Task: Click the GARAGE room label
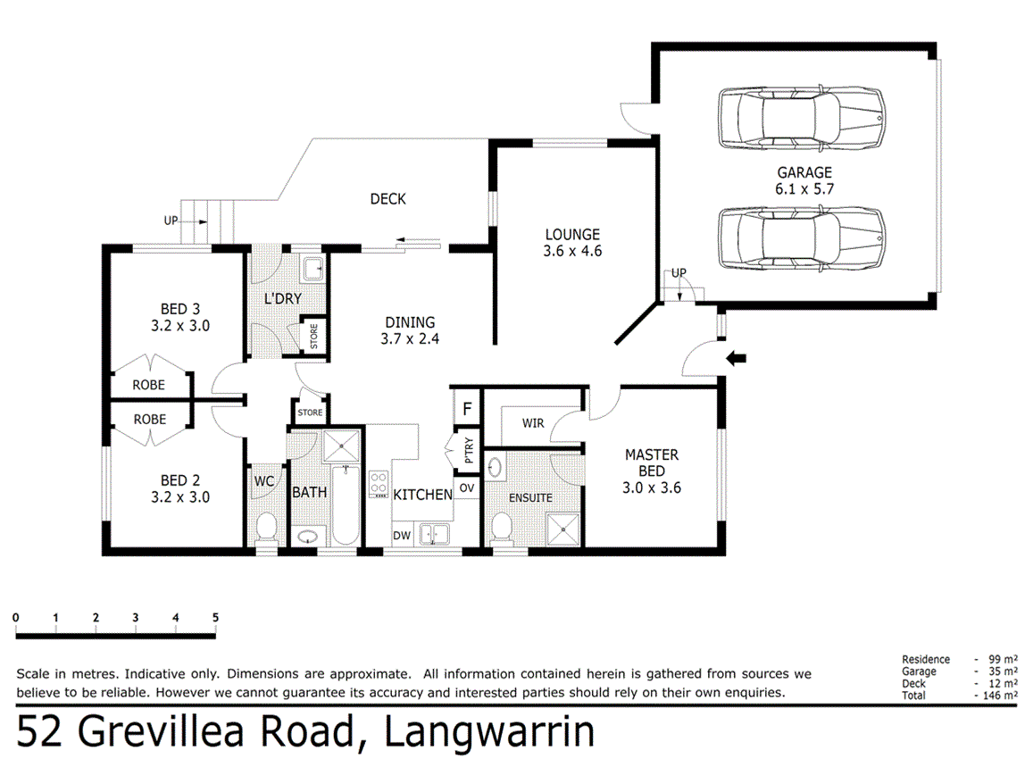coord(804,172)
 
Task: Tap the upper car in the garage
coord(801,117)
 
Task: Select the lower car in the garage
coord(801,237)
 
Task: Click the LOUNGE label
coord(571,235)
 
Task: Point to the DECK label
coord(388,199)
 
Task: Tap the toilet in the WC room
coord(266,527)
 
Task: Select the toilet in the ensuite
coord(502,528)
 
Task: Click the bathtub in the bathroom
coord(345,504)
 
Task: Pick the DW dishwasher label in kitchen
coord(402,536)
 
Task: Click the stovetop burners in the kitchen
coord(379,484)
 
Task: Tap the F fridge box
coord(467,409)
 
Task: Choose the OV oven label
coord(466,488)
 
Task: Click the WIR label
coord(533,423)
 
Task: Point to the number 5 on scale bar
coord(215,618)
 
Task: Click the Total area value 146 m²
coord(1003,696)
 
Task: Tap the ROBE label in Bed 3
coord(149,385)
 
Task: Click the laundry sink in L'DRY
coord(312,270)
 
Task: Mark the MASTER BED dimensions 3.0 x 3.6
coord(652,488)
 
